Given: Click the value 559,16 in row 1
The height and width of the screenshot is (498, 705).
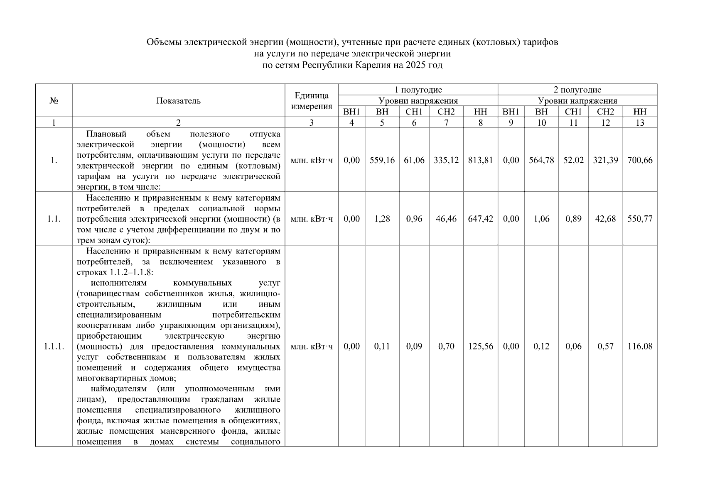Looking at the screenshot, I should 382,160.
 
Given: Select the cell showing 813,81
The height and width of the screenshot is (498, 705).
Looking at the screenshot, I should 480,160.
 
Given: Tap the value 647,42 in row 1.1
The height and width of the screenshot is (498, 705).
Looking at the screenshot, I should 480,219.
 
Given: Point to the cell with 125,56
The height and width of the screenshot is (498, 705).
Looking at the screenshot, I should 480,346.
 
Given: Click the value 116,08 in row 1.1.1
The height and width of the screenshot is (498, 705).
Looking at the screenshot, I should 640,346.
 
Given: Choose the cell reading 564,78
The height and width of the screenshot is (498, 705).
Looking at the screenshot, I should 541,160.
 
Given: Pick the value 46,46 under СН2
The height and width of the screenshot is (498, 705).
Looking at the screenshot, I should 446,219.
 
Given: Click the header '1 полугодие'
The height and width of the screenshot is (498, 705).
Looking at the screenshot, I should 418,90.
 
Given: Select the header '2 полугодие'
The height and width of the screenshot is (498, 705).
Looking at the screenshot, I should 577,90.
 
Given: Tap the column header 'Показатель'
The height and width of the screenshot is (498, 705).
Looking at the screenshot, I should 178,101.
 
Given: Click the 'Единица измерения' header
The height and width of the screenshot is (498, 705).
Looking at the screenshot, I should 312,101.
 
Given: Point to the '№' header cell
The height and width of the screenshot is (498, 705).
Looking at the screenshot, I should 54,101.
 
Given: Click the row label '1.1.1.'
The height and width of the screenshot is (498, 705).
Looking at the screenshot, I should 54,346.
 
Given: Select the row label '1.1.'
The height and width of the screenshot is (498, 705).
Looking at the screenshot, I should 54,219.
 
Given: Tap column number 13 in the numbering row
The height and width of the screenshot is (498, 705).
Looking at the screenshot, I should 640,122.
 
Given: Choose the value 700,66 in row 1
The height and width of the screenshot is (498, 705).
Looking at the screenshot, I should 640,160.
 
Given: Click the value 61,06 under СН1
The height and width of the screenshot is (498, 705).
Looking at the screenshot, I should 414,160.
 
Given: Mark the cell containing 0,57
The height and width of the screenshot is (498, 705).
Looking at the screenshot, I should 605,346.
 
